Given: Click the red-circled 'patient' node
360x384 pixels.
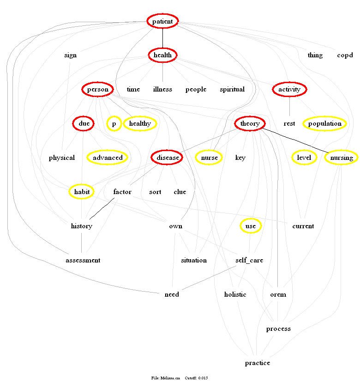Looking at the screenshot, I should pyautogui.click(x=162, y=21).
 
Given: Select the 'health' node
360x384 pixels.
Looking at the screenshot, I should pyautogui.click(x=162, y=55).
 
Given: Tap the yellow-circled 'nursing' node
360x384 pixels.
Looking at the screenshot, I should pyautogui.click(x=342, y=158).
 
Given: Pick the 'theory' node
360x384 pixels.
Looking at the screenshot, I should pyautogui.click(x=250, y=123).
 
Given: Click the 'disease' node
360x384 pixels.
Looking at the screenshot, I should pyautogui.click(x=167, y=158).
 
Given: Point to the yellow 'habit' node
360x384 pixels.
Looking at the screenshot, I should pyautogui.click(x=82, y=191).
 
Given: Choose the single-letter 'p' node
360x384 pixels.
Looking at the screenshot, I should pyautogui.click(x=114, y=123).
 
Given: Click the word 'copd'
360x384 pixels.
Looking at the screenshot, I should pyautogui.click(x=345, y=55).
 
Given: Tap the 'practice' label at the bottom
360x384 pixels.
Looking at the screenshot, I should pyautogui.click(x=258, y=363).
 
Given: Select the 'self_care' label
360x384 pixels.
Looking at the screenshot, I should pyautogui.click(x=249, y=260).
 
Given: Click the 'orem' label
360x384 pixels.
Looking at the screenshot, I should pyautogui.click(x=278, y=294).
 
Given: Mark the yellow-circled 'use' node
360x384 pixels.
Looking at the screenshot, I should pyautogui.click(x=251, y=226).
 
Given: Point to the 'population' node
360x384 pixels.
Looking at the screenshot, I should pyautogui.click(x=324, y=123).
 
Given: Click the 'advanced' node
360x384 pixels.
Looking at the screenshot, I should pyautogui.click(x=108, y=158).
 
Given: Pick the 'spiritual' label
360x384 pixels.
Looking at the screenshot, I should pyautogui.click(x=232, y=89).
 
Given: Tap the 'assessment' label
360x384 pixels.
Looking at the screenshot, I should pyautogui.click(x=83, y=260).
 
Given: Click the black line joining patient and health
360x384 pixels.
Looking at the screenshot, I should pyautogui.click(x=162, y=38).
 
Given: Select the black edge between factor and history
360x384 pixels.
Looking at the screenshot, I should pyautogui.click(x=102, y=208).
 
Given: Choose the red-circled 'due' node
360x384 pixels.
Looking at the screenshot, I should pyautogui.click(x=84, y=123).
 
